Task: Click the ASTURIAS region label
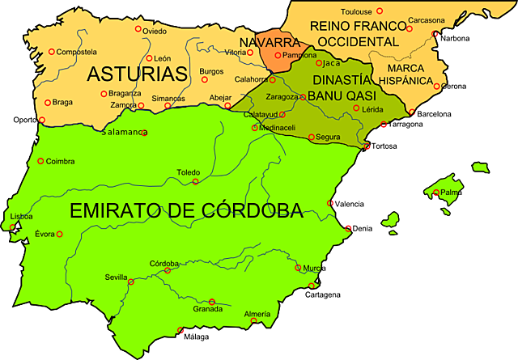pos(138,74)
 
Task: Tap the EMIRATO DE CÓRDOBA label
pos(186,211)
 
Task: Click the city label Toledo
pos(189,172)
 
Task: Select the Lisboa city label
pos(22,217)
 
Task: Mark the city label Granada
pos(207,309)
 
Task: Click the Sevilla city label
pos(116,277)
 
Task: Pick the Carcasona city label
pos(427,19)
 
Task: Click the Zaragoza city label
pos(282,96)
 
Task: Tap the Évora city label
pos(45,234)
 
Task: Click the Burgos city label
pos(211,70)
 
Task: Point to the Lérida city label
pos(373,109)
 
